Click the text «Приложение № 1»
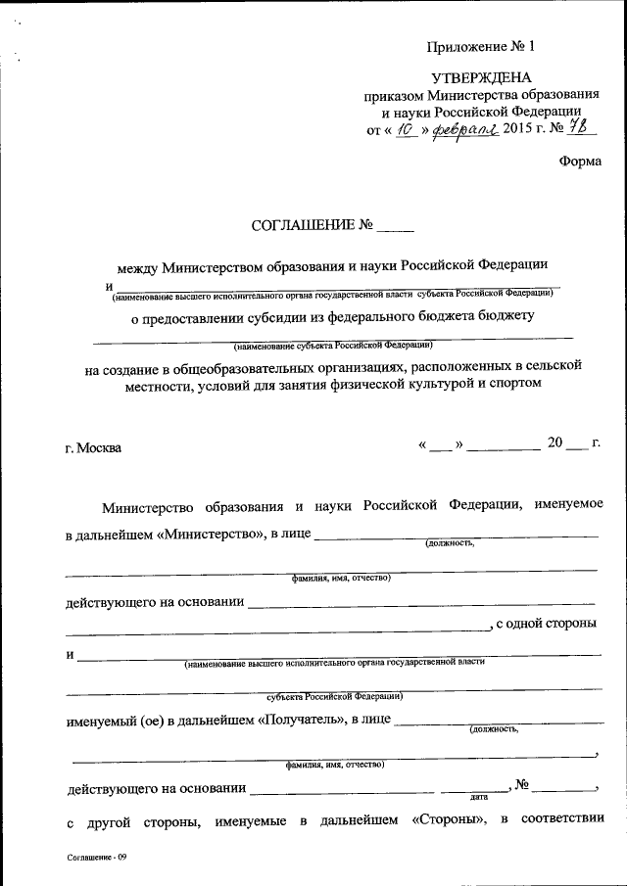482,45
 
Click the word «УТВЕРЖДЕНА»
482,77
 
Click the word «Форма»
580,163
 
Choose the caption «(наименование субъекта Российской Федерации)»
333,346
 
